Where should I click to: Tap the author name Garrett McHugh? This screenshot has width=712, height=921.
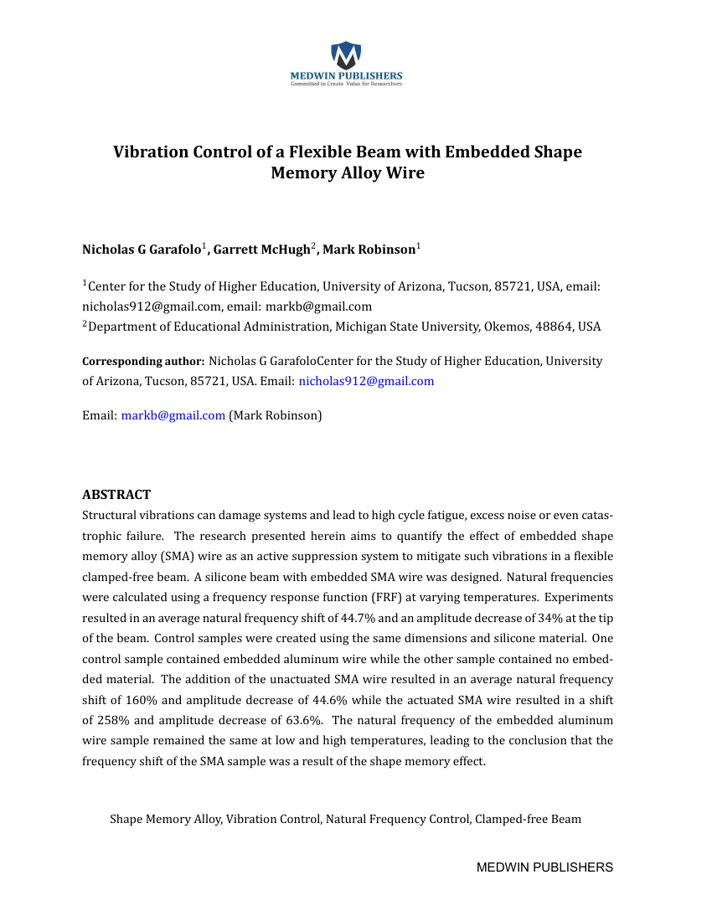(261, 250)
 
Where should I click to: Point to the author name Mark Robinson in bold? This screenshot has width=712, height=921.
(369, 250)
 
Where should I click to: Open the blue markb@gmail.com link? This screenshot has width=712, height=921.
(173, 415)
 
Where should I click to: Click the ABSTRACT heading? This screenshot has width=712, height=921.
(116, 495)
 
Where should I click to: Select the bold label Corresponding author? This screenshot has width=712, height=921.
(143, 362)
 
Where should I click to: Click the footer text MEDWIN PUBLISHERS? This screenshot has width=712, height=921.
(544, 867)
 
